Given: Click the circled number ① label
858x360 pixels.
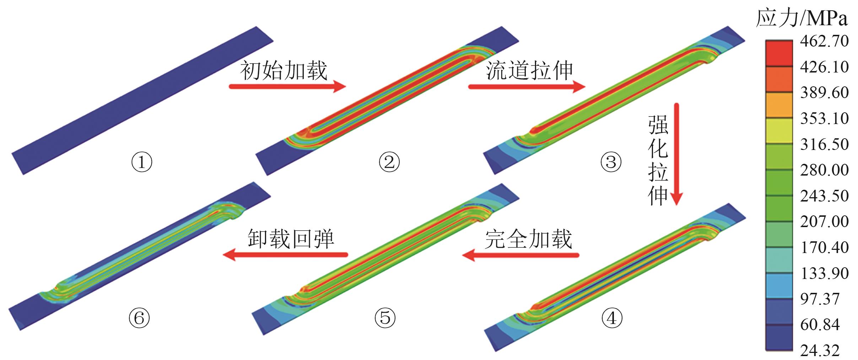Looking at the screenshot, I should (142, 163).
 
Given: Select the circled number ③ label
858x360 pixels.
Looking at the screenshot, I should (611, 162).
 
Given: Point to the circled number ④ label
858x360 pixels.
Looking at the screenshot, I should (612, 318).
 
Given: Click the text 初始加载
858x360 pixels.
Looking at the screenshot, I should (283, 71).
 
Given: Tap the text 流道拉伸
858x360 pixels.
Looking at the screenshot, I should (529, 71).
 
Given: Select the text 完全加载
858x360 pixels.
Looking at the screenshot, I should (528, 239).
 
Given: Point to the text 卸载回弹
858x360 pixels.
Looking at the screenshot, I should (291, 239).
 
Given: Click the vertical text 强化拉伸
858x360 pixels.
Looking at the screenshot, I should (658, 161).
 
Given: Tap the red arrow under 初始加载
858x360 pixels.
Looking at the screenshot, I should (287, 87).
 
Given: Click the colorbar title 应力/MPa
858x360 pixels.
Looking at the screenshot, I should (802, 18).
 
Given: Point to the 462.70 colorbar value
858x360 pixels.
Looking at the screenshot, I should (824, 41).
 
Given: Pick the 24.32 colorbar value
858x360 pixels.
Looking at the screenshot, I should (820, 350).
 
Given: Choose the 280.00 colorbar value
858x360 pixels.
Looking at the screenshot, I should (824, 170).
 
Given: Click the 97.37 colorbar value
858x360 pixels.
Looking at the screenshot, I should (820, 299).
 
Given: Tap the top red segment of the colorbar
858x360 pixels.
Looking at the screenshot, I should (779, 53).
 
